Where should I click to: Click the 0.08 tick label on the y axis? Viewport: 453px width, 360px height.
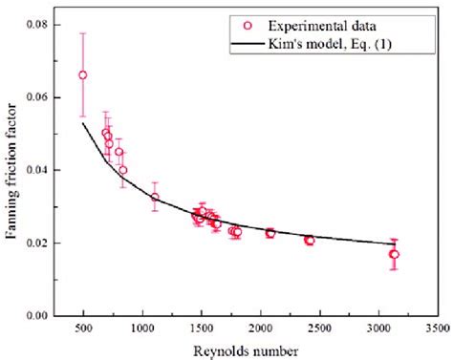42,25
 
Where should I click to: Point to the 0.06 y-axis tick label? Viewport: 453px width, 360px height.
42,97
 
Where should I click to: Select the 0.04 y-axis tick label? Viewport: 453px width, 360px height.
42,170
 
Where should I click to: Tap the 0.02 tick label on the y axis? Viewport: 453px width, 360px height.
42,243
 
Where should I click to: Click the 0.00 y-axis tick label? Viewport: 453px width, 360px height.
42,315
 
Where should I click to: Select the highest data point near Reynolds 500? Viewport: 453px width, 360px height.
83,74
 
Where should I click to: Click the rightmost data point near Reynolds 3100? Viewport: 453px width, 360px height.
394,254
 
